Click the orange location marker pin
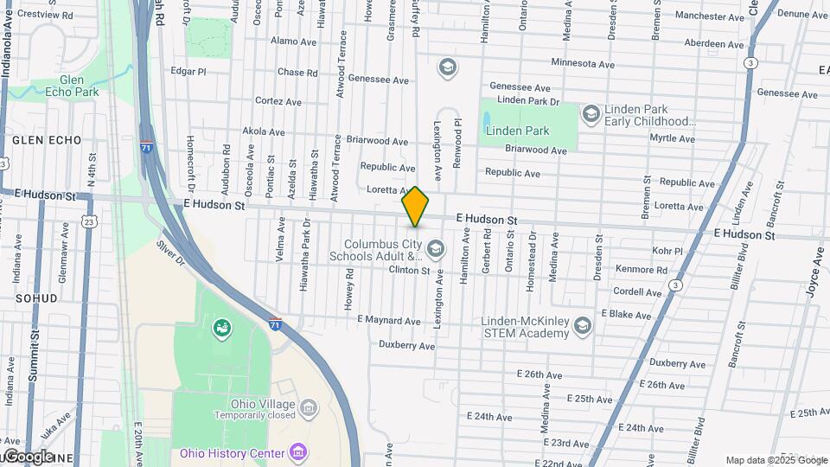pos(416,207)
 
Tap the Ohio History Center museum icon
pos(298,452)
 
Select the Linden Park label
pos(517,131)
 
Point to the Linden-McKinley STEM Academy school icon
pos(583,324)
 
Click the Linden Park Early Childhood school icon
pos(591,113)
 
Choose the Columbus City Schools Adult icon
pos(435,250)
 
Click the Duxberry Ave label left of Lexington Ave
pos(406,345)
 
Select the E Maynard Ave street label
pos(389,320)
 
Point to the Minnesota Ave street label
pos(583,64)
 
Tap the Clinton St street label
pos(409,271)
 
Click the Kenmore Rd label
pos(642,270)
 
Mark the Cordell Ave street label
pos(637,292)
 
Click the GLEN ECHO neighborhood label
pos(47,140)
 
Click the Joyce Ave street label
pos(815,272)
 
